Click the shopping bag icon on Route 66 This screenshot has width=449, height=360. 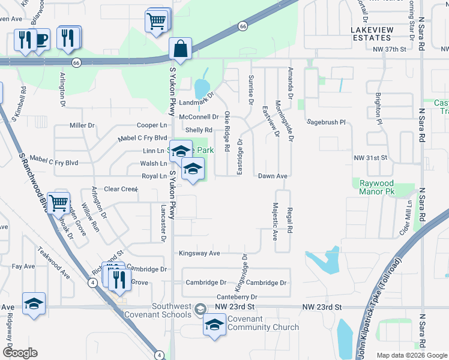click(180, 49)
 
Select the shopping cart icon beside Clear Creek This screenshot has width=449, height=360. click(59, 204)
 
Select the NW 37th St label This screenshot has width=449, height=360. click(390, 49)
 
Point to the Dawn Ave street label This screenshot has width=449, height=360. click(273, 176)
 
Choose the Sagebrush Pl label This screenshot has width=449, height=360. click(327, 121)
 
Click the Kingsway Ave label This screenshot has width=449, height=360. click(199, 253)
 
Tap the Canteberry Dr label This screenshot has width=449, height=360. click(237, 297)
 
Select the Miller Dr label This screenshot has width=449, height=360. click(82, 125)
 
